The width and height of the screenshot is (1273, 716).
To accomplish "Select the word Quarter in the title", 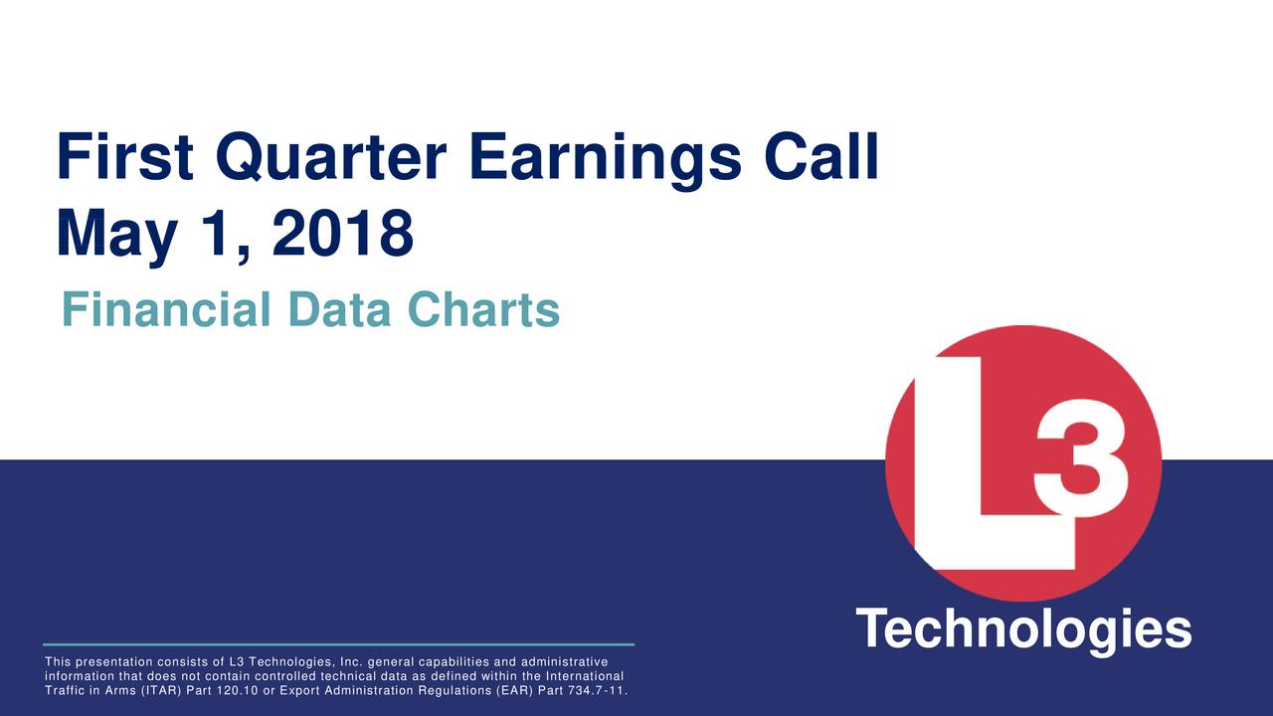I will (x=332, y=158).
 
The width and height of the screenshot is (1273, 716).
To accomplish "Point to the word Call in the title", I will (x=822, y=158).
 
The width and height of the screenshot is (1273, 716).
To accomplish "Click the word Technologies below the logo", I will (x=1023, y=629).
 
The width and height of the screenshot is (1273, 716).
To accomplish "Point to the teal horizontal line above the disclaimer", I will (x=338, y=644).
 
